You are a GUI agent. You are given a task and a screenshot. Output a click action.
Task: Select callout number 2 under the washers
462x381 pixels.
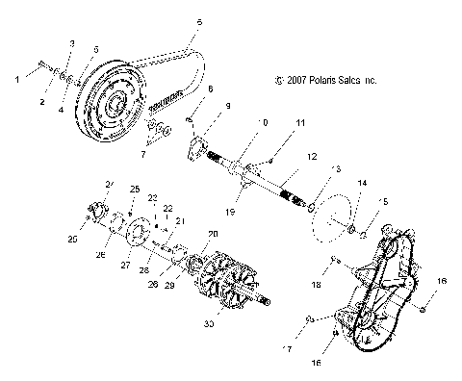[x=43, y=101]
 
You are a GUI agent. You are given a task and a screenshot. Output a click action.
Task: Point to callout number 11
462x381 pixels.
[x=273, y=124]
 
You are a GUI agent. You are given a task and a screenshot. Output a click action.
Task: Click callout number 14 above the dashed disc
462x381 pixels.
[x=362, y=183]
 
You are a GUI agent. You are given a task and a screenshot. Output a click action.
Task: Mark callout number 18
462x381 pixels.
[x=315, y=284]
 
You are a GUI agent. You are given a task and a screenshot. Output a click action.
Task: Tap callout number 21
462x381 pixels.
[x=179, y=220]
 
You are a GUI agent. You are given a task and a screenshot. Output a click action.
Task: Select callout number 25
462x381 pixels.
[x=135, y=189]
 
